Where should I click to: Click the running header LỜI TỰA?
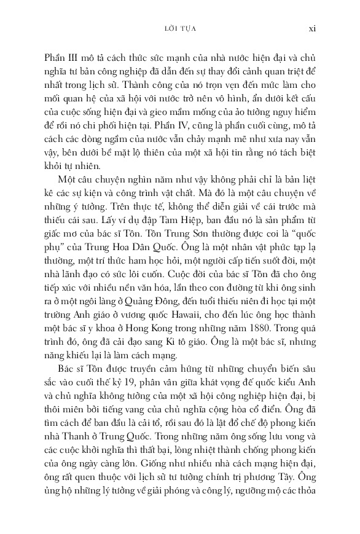(180, 28)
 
